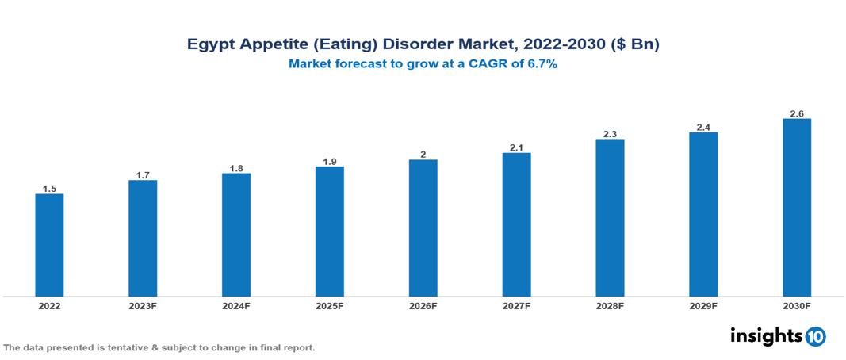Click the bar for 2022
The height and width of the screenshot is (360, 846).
click(49, 245)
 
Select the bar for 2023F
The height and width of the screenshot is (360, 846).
click(143, 238)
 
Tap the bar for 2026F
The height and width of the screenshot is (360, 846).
click(423, 228)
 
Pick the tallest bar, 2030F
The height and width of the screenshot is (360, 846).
click(797, 208)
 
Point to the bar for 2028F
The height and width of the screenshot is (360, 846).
click(610, 218)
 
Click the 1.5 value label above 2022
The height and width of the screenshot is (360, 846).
click(49, 189)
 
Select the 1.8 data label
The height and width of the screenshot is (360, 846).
click(236, 168)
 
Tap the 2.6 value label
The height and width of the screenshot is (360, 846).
click(797, 113)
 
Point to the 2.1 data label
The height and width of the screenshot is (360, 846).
click(516, 147)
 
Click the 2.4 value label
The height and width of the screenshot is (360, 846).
click(703, 127)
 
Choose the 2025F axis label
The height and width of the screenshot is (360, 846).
click(330, 305)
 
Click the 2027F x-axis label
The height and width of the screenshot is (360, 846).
click(516, 305)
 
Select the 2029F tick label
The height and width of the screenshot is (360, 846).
click(703, 305)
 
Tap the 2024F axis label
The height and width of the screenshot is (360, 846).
click(236, 305)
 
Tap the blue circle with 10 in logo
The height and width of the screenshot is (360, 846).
click(815, 337)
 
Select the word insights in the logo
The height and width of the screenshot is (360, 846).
click(766, 336)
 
